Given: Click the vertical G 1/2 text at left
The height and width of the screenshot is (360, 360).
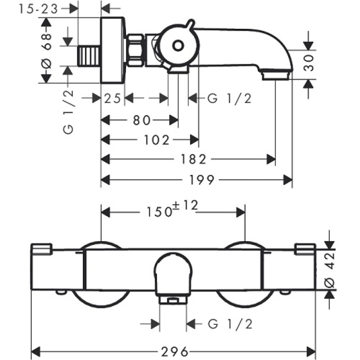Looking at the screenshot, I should [69, 115].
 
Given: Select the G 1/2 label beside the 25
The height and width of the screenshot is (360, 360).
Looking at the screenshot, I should [229, 99].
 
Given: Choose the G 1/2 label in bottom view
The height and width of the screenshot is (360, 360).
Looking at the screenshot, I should [230, 323].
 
